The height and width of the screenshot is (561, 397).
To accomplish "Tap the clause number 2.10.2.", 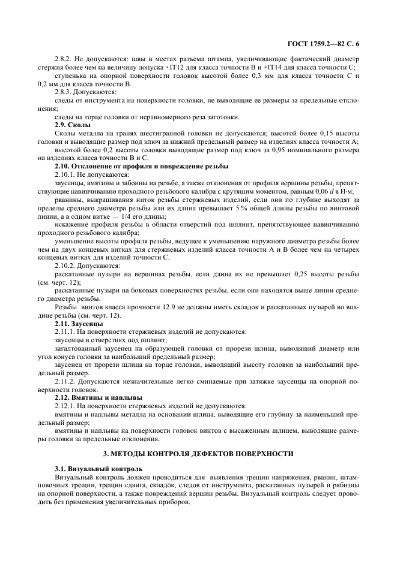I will tap(65, 265).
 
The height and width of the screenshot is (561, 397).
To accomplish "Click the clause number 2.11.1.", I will tap(65, 331).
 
